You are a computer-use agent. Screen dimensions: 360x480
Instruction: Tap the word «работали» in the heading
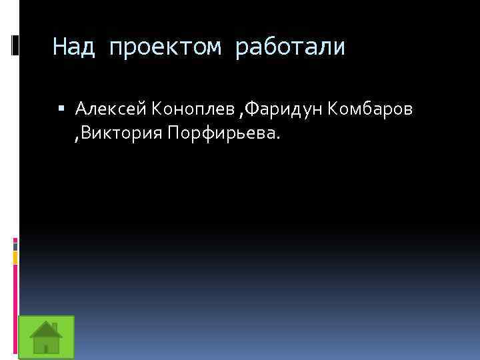(x=290, y=47)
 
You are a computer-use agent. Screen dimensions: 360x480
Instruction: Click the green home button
(x=46, y=337)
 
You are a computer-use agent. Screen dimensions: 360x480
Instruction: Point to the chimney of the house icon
(x=55, y=327)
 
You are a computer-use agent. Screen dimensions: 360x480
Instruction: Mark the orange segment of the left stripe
(x=15, y=257)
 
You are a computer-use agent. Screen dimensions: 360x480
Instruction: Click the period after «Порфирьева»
(x=279, y=139)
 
